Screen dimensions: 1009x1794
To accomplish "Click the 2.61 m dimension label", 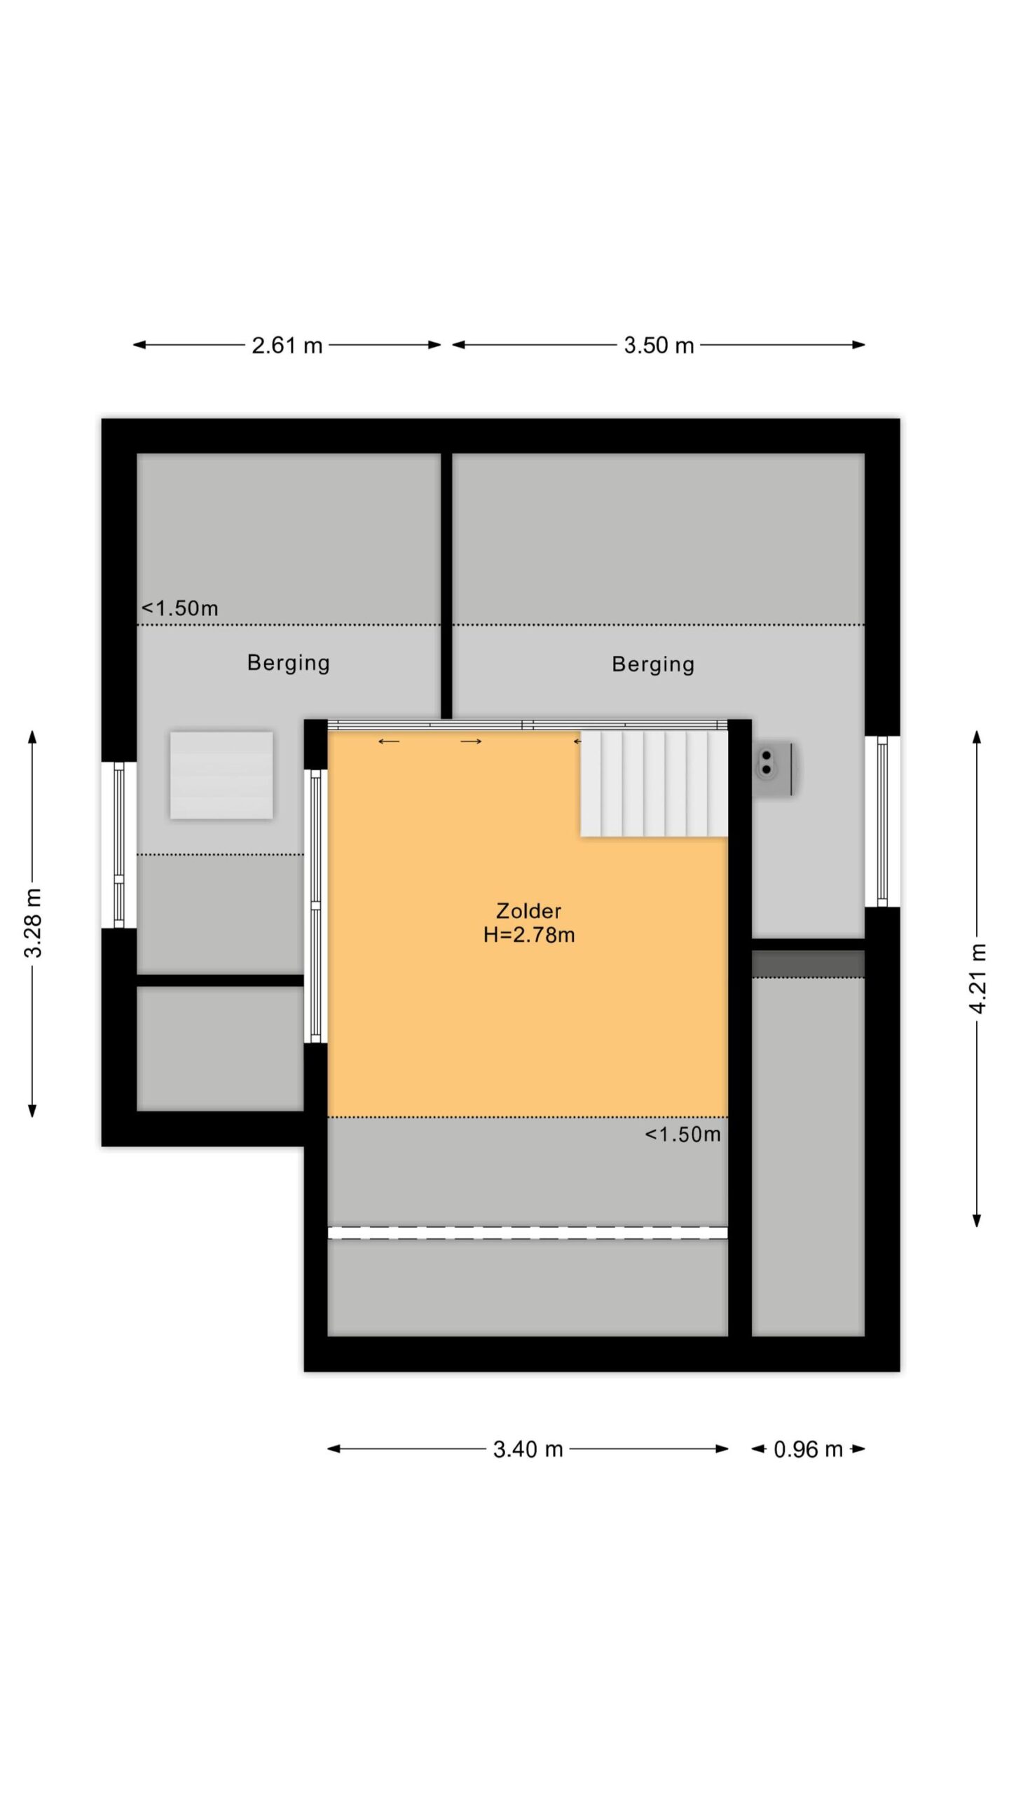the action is (x=287, y=345).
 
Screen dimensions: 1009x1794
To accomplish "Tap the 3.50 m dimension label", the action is (x=659, y=345).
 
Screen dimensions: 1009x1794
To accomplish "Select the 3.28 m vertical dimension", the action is (x=33, y=923).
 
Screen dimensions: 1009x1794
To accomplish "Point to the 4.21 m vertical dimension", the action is (x=977, y=978).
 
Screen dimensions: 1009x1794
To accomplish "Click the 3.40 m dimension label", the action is (x=528, y=1449).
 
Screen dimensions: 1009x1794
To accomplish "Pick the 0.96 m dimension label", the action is (x=808, y=1449).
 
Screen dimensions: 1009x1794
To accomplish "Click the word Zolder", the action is (x=528, y=911).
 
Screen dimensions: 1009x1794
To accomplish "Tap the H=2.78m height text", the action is (x=529, y=935).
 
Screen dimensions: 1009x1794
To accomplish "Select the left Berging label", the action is (x=288, y=663).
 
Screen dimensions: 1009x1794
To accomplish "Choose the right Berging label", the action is (x=653, y=664).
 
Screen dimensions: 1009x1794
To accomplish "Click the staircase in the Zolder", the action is (x=654, y=783).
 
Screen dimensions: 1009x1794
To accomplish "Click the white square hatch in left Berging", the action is (x=221, y=775).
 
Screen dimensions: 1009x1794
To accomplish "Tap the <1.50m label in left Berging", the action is (x=180, y=608).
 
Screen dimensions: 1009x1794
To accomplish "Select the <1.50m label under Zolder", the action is (x=682, y=1135).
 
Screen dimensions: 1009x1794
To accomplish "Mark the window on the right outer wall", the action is (x=882, y=821).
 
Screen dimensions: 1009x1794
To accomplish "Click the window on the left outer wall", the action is (x=119, y=845).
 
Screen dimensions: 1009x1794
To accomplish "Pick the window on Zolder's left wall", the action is (x=315, y=906).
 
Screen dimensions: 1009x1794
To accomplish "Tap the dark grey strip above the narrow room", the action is (x=808, y=964).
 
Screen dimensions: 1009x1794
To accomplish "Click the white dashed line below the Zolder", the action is (x=528, y=1233).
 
